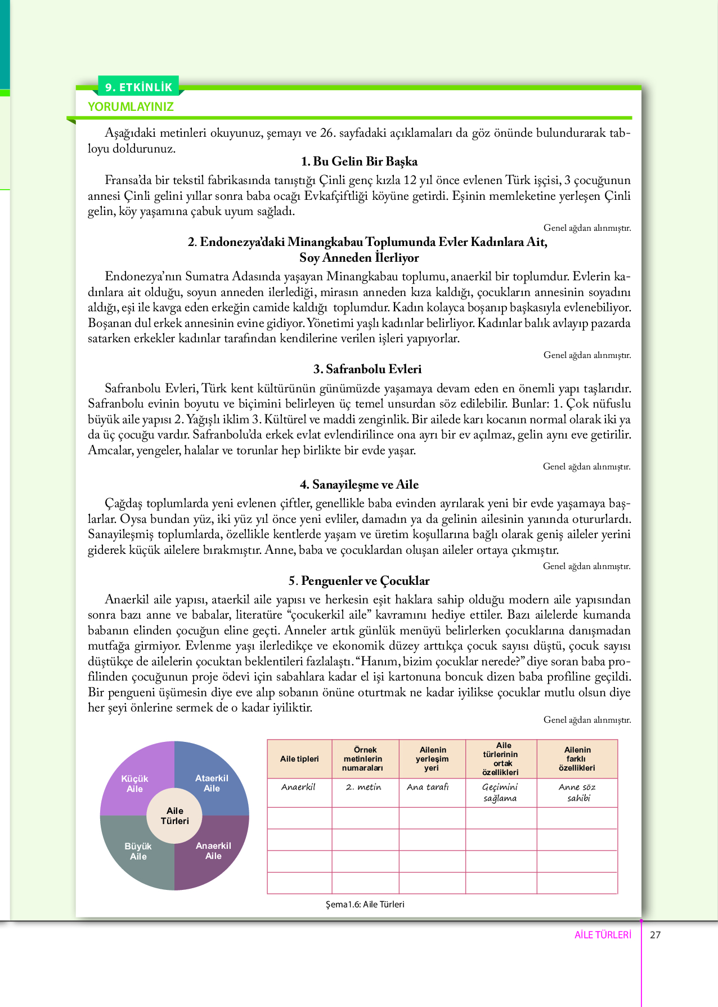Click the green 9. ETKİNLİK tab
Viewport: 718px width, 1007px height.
pos(138,87)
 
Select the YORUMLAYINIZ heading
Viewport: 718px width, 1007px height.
pos(131,107)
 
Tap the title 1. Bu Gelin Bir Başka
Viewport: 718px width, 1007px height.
pos(359,162)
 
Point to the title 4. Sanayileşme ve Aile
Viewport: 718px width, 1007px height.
pos(359,485)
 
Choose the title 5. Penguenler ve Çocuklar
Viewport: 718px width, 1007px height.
pos(359,581)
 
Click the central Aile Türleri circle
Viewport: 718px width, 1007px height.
pos(174,816)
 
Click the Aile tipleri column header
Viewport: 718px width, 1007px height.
pos(299,759)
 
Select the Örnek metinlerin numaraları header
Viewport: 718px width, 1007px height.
pos(365,759)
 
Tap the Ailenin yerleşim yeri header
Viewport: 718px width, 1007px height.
pos(432,759)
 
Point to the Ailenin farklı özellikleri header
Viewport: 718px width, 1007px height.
pos(577,759)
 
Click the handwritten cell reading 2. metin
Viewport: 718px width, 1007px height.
pos(364,787)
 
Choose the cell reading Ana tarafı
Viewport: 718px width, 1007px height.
pos(428,787)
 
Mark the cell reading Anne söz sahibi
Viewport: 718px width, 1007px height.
pos(577,793)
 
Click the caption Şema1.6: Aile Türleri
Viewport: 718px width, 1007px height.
pos(365,904)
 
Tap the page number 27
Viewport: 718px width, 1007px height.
pos(655,935)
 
